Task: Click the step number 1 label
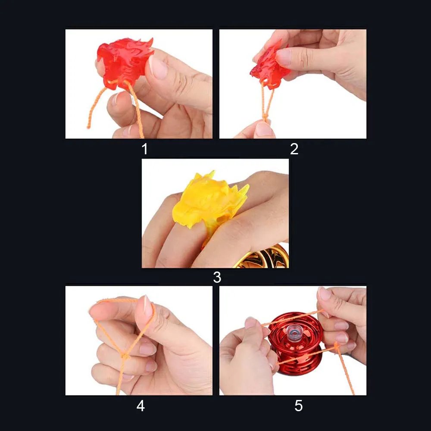[144, 149]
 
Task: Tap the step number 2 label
[294, 149]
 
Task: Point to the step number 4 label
[141, 406]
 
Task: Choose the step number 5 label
[299, 406]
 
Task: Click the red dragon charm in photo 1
[124, 62]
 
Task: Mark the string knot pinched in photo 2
[264, 117]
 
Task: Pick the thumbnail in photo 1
[158, 67]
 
